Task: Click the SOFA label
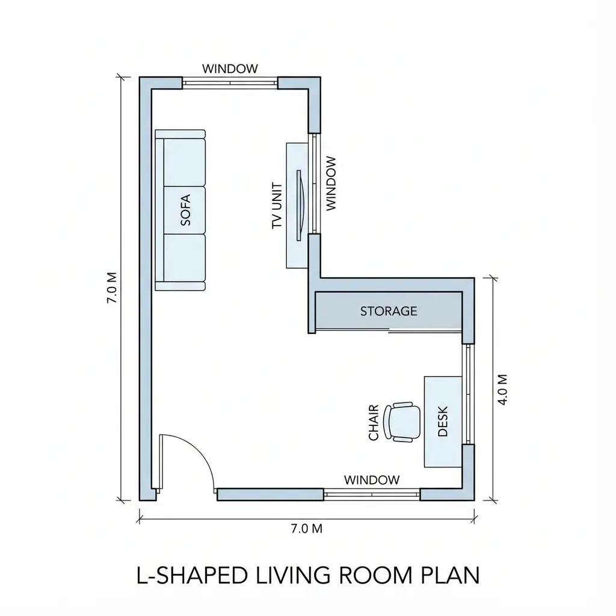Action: click(185, 210)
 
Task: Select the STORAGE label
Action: click(389, 311)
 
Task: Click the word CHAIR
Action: click(374, 422)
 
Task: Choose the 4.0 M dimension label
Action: click(504, 389)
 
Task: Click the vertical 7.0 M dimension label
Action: click(112, 288)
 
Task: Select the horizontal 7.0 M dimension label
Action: click(307, 529)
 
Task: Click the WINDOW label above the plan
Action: click(230, 69)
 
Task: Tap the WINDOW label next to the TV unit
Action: click(330, 183)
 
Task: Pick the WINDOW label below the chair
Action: click(371, 480)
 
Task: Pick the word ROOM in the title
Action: click(370, 575)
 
